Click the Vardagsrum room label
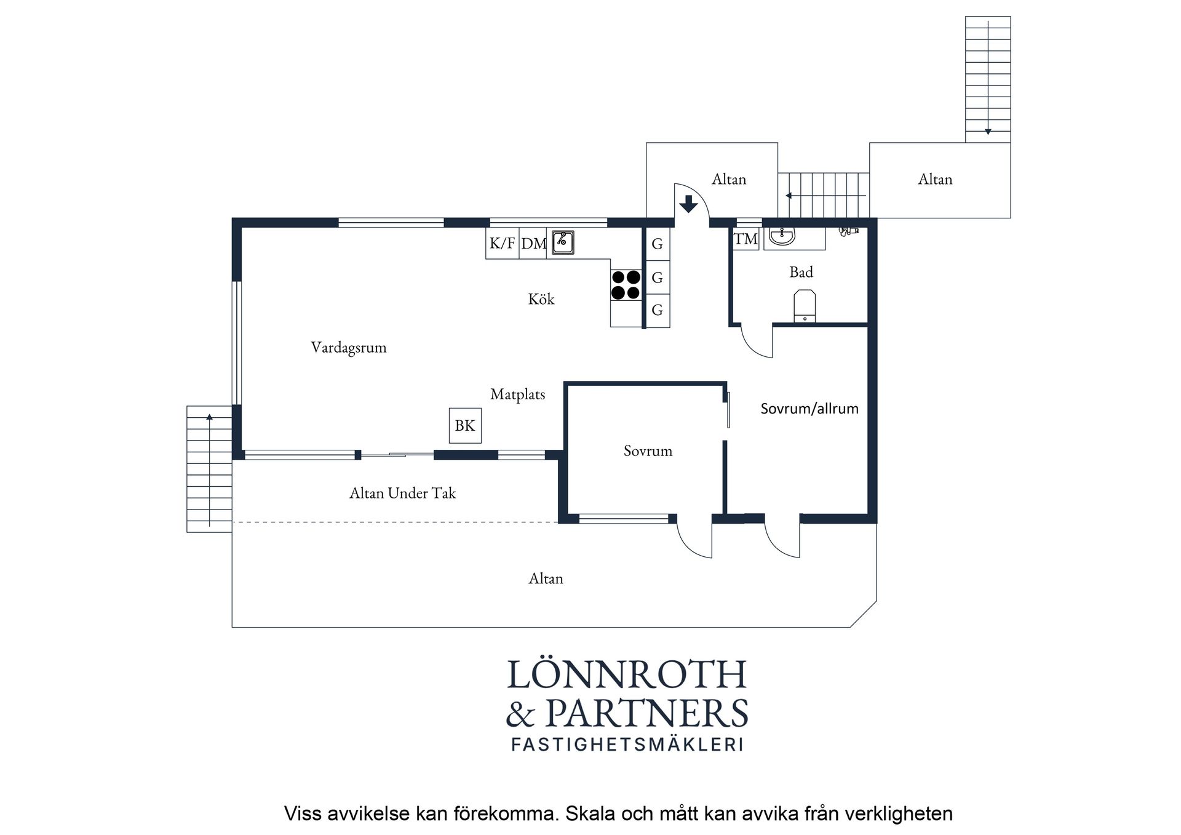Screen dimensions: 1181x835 click(348, 348)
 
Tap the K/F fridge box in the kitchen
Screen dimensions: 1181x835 click(503, 243)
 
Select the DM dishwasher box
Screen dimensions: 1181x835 click(533, 243)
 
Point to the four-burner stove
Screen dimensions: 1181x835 click(626, 285)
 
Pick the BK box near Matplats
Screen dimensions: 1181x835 click(465, 426)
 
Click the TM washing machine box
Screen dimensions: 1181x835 click(746, 239)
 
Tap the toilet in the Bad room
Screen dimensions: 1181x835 click(805, 306)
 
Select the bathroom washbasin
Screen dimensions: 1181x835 click(782, 236)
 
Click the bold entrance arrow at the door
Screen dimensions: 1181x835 click(688, 204)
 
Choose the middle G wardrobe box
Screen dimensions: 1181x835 click(657, 278)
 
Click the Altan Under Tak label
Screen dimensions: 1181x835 click(403, 493)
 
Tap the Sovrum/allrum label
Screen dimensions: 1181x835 click(809, 409)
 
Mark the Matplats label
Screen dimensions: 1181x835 click(517, 394)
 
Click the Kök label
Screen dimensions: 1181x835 click(541, 299)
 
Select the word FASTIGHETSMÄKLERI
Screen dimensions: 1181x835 click(627, 745)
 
